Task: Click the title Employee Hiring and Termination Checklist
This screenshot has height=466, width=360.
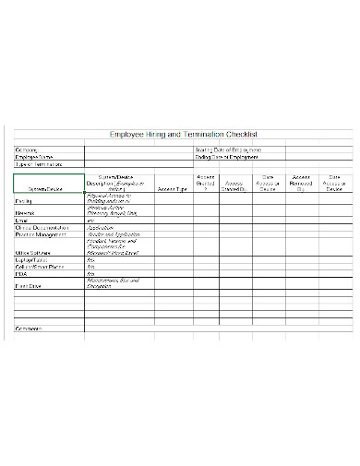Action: (183, 135)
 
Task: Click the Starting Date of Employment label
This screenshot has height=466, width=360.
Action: (234, 149)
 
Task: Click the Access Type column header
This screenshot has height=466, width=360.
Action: (173, 188)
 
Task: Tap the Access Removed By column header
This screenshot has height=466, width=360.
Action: (301, 182)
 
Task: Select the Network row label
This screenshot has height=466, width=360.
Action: (25, 213)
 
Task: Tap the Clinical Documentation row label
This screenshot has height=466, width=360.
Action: (42, 228)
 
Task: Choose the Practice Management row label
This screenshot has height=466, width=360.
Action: (41, 234)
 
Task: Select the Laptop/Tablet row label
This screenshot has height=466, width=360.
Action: (30, 260)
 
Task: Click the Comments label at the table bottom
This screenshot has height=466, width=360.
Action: (30, 329)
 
